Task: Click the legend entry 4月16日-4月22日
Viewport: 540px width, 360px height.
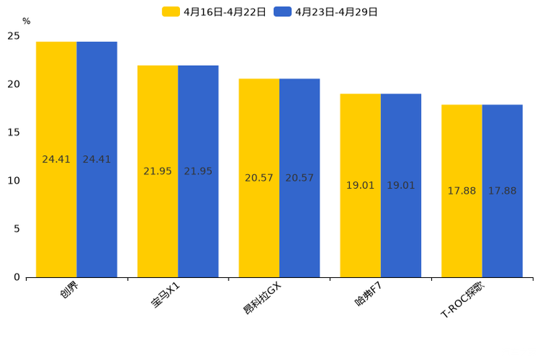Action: coord(214,12)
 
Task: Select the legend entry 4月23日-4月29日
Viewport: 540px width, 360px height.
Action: coord(326,12)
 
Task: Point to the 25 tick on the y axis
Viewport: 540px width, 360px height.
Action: coord(14,36)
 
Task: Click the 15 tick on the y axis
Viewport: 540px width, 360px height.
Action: coord(14,132)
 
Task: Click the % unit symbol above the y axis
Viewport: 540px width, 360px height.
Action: coord(26,21)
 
